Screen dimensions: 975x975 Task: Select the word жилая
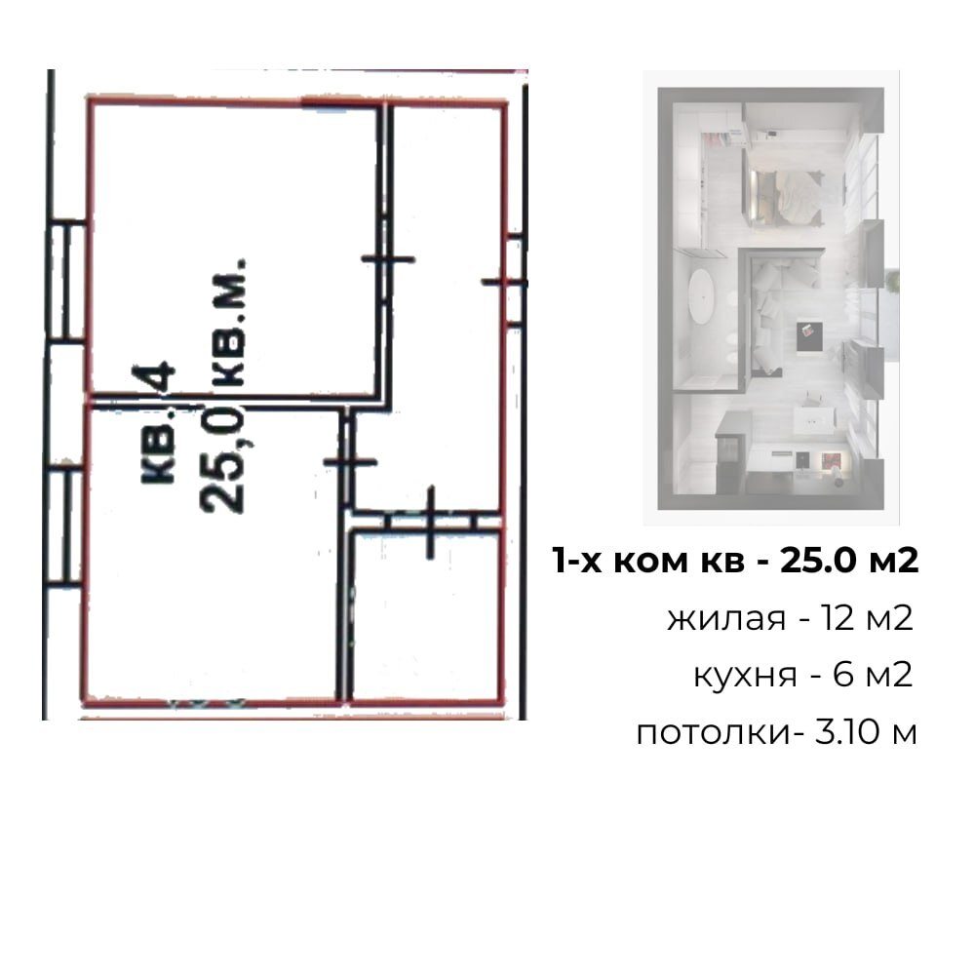[x=726, y=619]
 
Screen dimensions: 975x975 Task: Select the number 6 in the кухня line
[x=842, y=675]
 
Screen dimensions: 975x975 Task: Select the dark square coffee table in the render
[x=809, y=336]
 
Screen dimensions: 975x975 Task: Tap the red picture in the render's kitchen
[x=831, y=462]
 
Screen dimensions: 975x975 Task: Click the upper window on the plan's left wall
[x=66, y=281]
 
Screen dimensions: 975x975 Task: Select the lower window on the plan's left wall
[x=64, y=526]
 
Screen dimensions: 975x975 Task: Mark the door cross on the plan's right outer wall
[x=504, y=283]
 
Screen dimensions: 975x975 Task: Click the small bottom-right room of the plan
[x=425, y=615]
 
